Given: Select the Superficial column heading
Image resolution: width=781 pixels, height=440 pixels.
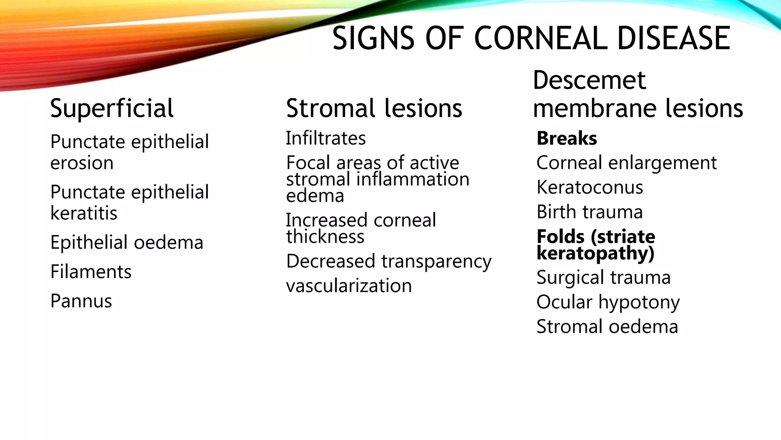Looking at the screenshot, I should click(112, 108).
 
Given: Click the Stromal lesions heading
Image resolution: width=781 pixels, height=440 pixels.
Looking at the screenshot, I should click(374, 108).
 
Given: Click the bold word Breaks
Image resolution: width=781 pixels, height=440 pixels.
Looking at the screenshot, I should click(567, 138).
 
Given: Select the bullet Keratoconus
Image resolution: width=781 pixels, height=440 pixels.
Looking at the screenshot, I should click(590, 188).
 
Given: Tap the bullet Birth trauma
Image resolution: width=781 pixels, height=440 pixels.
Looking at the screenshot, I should click(590, 212).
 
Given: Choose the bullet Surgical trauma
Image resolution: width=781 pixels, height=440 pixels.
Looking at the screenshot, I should click(603, 278).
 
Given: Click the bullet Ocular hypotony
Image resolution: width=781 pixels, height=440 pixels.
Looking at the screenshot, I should click(608, 302).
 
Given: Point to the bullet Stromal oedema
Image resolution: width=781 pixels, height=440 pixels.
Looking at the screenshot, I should click(607, 327).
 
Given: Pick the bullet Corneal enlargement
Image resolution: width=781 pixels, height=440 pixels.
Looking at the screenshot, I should click(626, 163).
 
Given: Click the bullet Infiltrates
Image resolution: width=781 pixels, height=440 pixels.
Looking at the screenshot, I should click(326, 138).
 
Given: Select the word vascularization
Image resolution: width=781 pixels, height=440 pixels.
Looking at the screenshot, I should click(349, 286).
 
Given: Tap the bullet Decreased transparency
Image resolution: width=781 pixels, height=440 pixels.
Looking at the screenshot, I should click(389, 262).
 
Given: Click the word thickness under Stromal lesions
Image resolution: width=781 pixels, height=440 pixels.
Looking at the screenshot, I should click(325, 237).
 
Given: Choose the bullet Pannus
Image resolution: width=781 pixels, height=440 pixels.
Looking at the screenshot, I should click(81, 301).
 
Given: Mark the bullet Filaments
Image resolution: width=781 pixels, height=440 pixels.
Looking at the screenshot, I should click(91, 272).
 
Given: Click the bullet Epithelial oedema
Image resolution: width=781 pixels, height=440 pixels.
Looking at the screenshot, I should click(127, 243).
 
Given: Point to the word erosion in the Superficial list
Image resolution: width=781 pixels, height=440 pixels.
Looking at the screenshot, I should click(82, 163).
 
